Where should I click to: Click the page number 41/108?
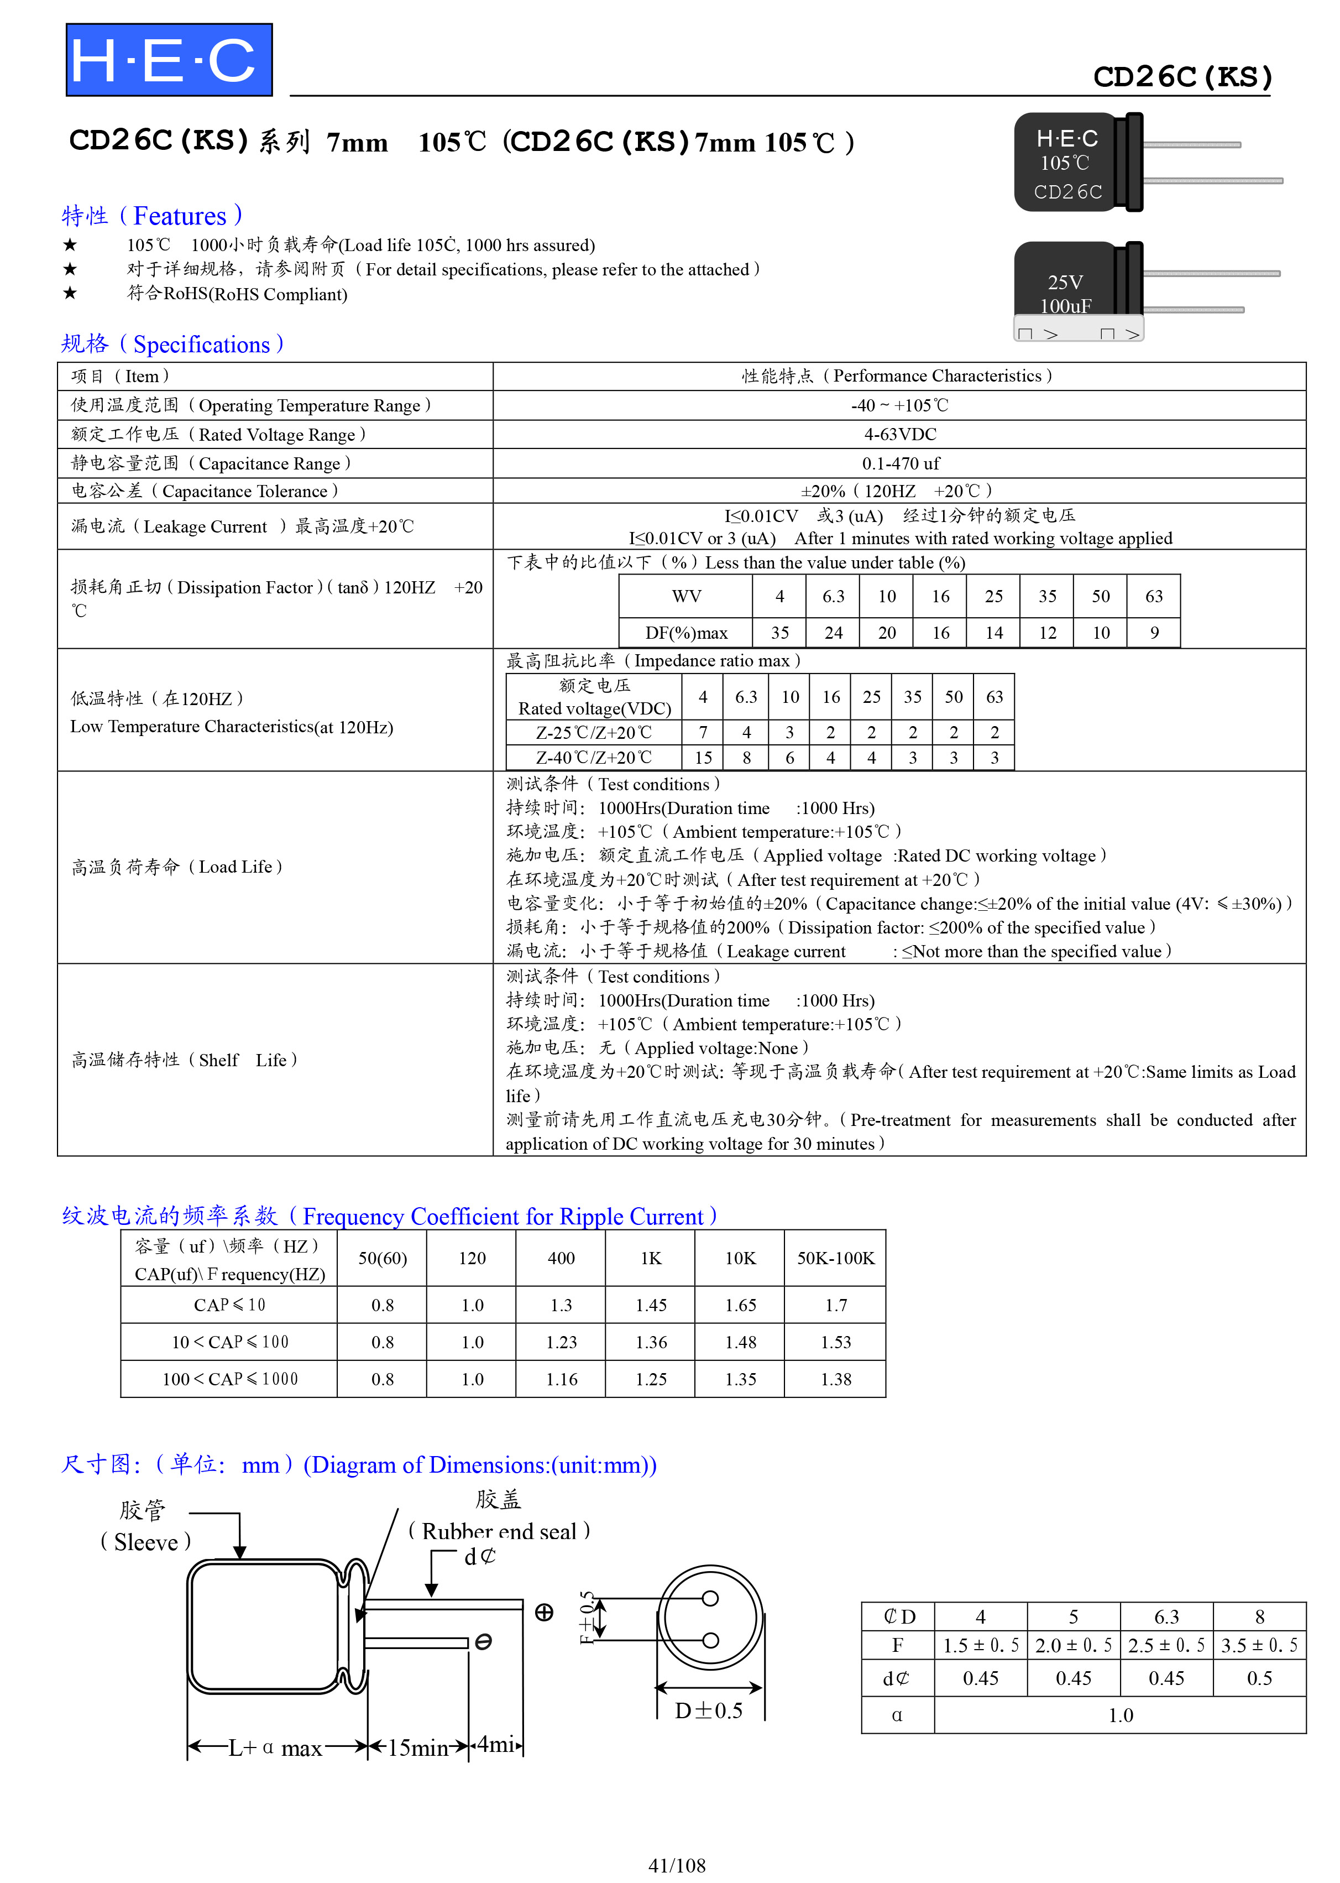point(677,1865)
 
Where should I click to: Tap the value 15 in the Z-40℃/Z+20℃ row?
point(703,757)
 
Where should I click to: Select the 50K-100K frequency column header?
point(835,1258)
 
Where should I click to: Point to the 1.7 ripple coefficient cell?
point(835,1305)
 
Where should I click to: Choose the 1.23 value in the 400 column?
point(561,1342)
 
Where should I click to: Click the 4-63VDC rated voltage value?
point(900,434)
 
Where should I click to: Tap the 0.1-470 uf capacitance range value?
point(900,463)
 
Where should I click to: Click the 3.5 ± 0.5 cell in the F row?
point(1259,1645)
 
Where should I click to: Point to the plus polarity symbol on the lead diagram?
point(544,1612)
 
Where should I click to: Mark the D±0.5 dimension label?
point(708,1710)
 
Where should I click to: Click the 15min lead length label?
point(418,1748)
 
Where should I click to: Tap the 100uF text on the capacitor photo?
point(1065,306)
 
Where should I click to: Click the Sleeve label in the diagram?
point(146,1542)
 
